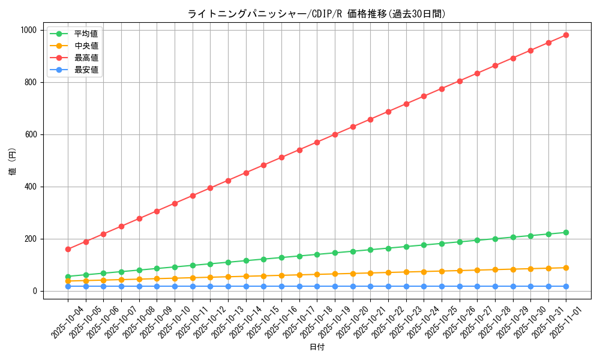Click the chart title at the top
tap(317, 14)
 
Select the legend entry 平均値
tap(86, 34)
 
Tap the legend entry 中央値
tap(86, 46)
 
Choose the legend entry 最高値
tap(86, 58)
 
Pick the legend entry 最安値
tap(86, 70)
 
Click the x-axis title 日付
tap(317, 347)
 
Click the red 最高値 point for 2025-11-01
tap(566, 35)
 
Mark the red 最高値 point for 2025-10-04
tap(68, 249)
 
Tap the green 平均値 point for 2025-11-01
tap(566, 232)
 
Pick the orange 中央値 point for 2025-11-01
tap(566, 268)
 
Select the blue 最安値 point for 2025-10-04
tap(68, 286)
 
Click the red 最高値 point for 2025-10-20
tap(353, 127)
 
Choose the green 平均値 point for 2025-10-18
tap(317, 254)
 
